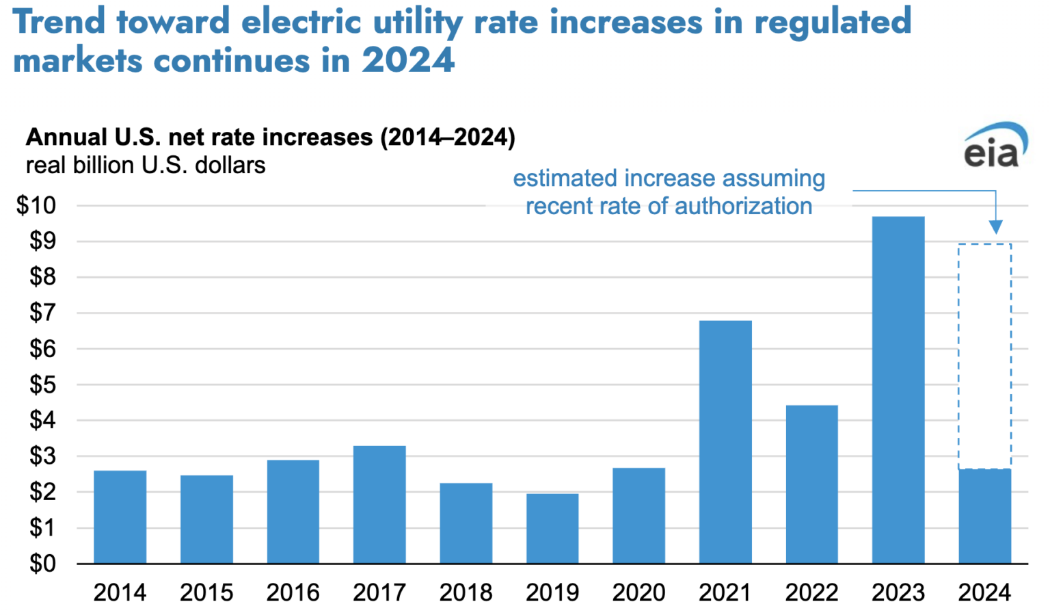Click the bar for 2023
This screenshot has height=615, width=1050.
coord(898,390)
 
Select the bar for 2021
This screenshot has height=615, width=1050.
coord(725,442)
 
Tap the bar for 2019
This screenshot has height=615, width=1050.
coord(552,528)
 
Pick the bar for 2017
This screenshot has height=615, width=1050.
coord(379,505)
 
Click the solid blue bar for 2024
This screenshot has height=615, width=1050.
coord(984,516)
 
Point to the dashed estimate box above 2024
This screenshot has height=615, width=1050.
coord(984,356)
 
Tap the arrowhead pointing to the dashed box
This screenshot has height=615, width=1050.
coord(995,227)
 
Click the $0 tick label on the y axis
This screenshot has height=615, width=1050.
coord(42,564)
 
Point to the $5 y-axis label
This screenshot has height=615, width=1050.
coord(42,384)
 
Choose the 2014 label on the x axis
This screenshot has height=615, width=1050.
coord(120,592)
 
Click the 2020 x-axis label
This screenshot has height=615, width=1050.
coord(638,592)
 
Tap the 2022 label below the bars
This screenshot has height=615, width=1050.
coord(811,592)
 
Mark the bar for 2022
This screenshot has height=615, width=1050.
coord(811,484)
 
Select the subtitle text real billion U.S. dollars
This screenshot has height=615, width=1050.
coord(146,166)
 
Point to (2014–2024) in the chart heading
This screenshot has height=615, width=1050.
coord(448,138)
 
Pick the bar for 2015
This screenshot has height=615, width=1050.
coord(206,519)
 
